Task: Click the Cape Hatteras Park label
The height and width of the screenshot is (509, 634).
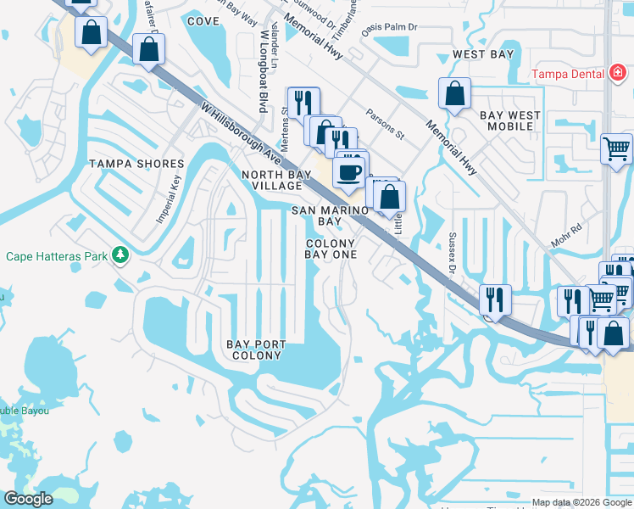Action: pos(58,255)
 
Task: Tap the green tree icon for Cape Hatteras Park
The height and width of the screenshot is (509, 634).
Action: pos(121,255)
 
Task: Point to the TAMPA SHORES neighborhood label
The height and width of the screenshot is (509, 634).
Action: pos(136,164)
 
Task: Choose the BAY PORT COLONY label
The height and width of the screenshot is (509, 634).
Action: pos(255,350)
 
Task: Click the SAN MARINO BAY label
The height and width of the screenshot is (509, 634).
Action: pos(330,215)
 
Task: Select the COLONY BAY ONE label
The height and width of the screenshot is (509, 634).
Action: pos(330,249)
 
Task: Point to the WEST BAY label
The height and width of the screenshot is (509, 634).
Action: pos(482,54)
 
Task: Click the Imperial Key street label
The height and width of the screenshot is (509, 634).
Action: pos(169,199)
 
